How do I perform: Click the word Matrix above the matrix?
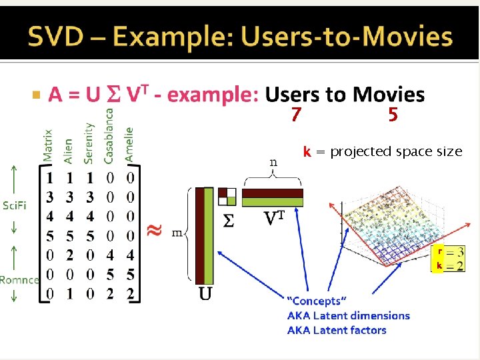point(48,146)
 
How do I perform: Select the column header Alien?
point(68,151)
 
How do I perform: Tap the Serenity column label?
point(89,143)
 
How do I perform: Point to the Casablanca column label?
point(109,136)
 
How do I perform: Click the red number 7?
point(296,115)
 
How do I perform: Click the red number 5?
point(393,115)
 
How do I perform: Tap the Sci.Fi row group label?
point(14,205)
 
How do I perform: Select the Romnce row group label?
point(19,279)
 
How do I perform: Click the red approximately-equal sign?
point(154,230)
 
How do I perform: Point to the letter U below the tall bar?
point(205,293)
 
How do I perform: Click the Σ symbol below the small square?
point(228,221)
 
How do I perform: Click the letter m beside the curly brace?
point(177,232)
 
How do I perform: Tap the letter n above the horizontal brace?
point(273,162)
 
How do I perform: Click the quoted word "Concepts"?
point(317,301)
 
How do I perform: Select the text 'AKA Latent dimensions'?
point(349,315)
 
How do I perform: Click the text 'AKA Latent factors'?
point(337,330)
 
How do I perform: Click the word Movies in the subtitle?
point(389,95)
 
